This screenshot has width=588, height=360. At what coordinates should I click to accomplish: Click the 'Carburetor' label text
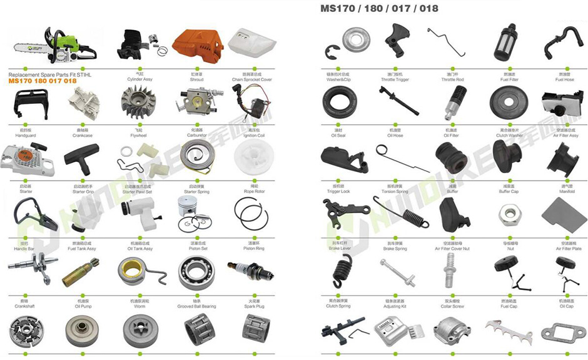coord(196,135)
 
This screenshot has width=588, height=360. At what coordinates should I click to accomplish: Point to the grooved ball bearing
coord(196,273)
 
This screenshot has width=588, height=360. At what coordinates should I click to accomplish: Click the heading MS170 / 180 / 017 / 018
coord(379,9)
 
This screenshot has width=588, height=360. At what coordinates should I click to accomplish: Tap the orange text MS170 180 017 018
coord(43,81)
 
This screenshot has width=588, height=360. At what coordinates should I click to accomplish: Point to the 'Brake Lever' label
coord(339,248)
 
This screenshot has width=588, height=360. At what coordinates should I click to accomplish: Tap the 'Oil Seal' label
coord(338,135)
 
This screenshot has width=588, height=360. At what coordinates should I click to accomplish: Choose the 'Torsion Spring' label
coord(395,191)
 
